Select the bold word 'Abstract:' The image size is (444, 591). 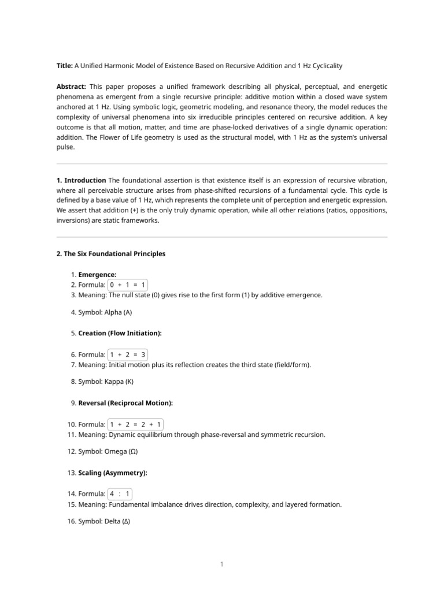71,87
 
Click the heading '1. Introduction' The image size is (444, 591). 81,181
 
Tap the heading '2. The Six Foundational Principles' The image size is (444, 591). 110,254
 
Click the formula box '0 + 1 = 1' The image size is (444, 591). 128,285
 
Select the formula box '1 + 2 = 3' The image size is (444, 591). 128,355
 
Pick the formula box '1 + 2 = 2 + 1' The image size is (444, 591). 135,424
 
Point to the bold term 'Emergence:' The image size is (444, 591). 97,275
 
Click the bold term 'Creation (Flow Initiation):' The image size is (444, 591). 120,334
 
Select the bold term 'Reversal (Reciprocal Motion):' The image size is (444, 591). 125,403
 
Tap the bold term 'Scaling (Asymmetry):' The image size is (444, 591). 113,473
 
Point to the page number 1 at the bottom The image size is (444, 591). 221,564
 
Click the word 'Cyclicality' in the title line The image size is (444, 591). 332,66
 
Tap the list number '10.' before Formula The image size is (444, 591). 72,425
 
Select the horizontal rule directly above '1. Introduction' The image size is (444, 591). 221,164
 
